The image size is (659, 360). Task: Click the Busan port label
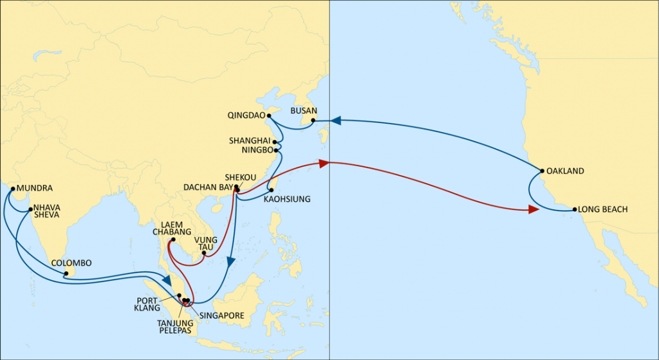point(303,111)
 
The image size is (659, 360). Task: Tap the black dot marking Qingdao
point(269,116)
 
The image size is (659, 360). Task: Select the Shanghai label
point(249,140)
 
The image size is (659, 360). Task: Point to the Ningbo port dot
point(276,150)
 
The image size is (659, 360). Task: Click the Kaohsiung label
point(287,200)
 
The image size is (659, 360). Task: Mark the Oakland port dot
point(542,171)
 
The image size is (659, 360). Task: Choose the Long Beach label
point(603,209)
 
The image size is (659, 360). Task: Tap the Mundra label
point(34,189)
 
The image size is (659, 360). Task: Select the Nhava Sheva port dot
point(30,209)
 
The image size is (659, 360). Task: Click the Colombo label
point(71,263)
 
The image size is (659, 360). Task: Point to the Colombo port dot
point(66,274)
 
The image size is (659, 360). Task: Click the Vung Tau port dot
point(203,252)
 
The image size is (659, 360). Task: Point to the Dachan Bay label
point(207,187)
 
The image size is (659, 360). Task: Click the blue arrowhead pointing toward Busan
point(336,120)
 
